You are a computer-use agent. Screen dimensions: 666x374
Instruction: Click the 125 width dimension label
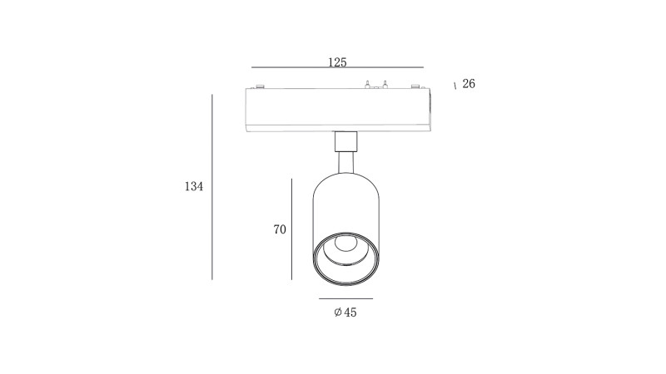point(337,62)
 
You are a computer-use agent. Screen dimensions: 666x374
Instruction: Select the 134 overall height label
point(194,186)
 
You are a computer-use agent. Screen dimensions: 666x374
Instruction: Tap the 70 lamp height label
point(280,229)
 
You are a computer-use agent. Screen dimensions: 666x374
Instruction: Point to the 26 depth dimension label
point(469,84)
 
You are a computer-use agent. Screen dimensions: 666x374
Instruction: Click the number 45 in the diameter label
point(350,312)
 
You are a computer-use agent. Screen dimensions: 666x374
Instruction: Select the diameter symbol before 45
point(338,312)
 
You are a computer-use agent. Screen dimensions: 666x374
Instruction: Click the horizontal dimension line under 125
point(337,67)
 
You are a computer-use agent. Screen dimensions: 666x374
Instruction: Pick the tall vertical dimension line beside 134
point(212,187)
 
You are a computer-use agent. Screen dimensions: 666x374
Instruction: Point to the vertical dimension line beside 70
point(292,229)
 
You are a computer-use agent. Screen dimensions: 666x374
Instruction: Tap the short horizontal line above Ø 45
point(345,298)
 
